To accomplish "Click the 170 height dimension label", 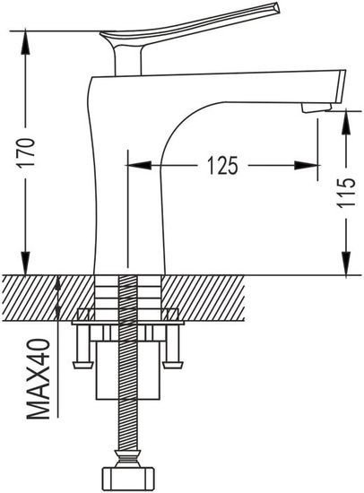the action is point(26,151).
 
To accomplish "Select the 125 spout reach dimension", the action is point(222,166).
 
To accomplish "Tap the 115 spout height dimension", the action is point(346,193).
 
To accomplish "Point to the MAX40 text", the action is point(39,379).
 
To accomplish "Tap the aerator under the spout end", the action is point(316,108).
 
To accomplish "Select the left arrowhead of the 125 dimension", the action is point(138,165).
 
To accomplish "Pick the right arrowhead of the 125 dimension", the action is point(307,166).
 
